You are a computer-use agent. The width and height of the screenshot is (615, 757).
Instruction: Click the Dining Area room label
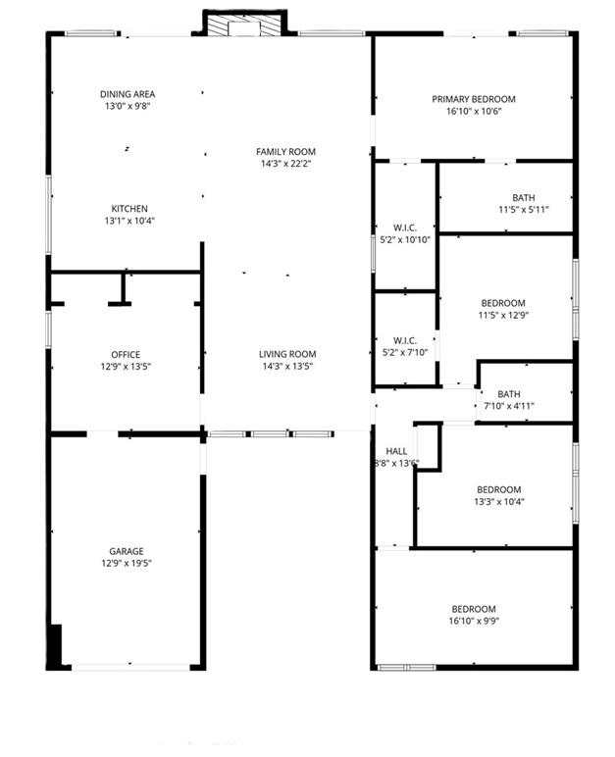(128, 94)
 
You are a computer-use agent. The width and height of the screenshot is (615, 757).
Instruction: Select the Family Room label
(286, 151)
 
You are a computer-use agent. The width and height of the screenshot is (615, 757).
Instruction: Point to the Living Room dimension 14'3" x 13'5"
(286, 367)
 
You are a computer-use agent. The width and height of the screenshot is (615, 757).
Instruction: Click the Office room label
(126, 354)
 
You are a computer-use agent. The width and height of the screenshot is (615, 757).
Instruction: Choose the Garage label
(126, 551)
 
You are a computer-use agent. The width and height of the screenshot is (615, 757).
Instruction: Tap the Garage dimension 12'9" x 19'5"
(126, 563)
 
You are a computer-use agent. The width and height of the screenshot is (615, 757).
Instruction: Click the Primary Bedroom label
(474, 99)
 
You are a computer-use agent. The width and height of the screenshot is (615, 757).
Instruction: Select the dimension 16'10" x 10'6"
(474, 111)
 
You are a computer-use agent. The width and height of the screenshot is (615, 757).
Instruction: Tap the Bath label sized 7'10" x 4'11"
(508, 393)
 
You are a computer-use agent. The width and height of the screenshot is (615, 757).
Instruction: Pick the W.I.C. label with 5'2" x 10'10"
(405, 227)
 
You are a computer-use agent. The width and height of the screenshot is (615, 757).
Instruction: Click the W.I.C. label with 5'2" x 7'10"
(405, 340)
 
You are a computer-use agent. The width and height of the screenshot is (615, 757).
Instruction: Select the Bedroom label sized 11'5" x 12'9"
(502, 303)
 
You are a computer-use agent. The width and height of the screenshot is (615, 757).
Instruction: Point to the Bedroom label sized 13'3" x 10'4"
(498, 489)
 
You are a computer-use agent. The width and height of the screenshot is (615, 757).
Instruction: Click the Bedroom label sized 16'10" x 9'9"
(473, 608)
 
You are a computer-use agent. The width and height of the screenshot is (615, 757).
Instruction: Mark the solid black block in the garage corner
(55, 646)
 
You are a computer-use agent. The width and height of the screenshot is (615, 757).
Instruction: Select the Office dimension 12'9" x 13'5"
(126, 367)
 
